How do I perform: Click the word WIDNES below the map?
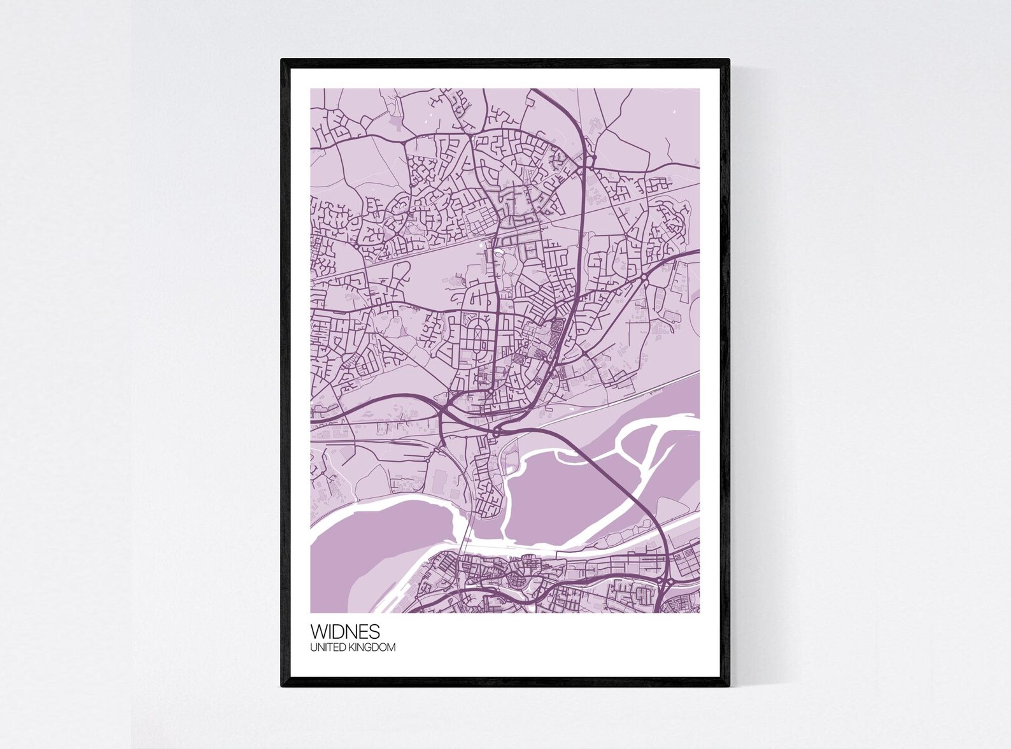coord(345,632)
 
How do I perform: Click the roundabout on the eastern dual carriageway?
coord(644,277)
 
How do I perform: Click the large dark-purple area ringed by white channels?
coord(560,497)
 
